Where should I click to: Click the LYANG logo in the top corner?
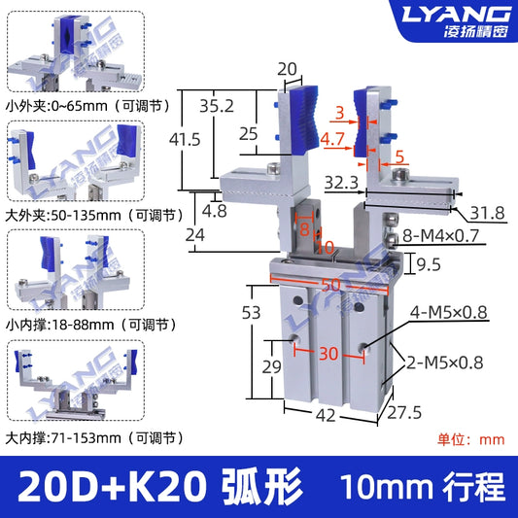pos(456,15)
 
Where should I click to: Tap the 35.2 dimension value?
pos(217,106)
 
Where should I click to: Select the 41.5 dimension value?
pos(185,139)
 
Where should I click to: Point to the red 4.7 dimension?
pos(332,139)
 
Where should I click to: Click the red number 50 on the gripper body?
pos(330,285)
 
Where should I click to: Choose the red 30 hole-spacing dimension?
pos(328,354)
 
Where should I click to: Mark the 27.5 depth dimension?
pos(404,413)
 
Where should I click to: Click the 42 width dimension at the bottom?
pos(326,415)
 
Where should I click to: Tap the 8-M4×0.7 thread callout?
pos(440,236)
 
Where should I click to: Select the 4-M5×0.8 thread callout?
pos(449,313)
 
